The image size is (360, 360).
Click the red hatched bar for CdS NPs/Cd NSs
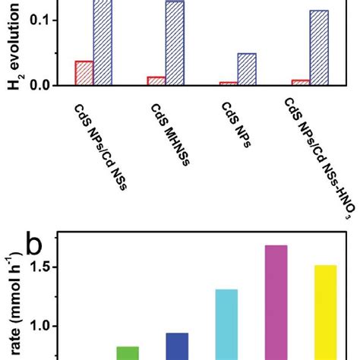84,73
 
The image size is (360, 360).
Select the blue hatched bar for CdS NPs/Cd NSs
103,43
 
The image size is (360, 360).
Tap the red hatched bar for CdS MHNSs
156,81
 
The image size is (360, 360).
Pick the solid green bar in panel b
128,352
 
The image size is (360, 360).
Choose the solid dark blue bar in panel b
177,346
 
